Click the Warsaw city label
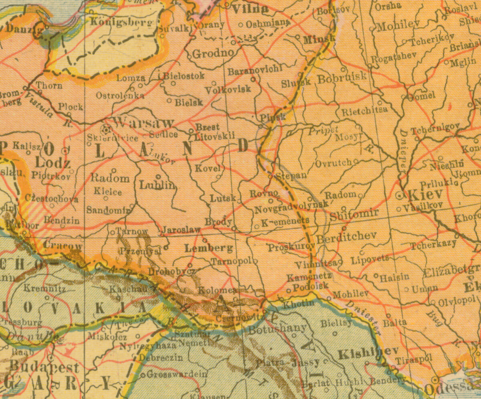tap(144, 123)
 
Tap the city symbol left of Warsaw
tap(107, 130)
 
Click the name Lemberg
tap(208, 249)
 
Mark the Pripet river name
tap(323, 130)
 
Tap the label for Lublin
tap(158, 185)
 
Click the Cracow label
tap(63, 246)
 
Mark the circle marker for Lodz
tap(65, 151)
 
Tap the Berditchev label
tap(347, 237)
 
